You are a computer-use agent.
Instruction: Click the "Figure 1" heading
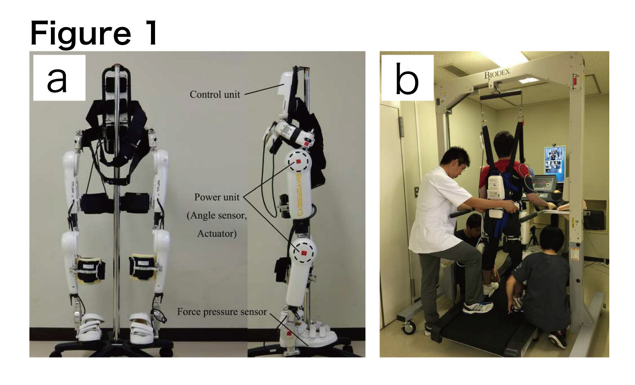click(94, 33)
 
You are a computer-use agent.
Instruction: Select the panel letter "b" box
click(407, 78)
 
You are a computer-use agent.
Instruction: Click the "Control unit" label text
click(215, 95)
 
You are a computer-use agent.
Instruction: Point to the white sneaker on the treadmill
click(478, 307)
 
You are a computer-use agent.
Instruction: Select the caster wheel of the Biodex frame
click(409, 328)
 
